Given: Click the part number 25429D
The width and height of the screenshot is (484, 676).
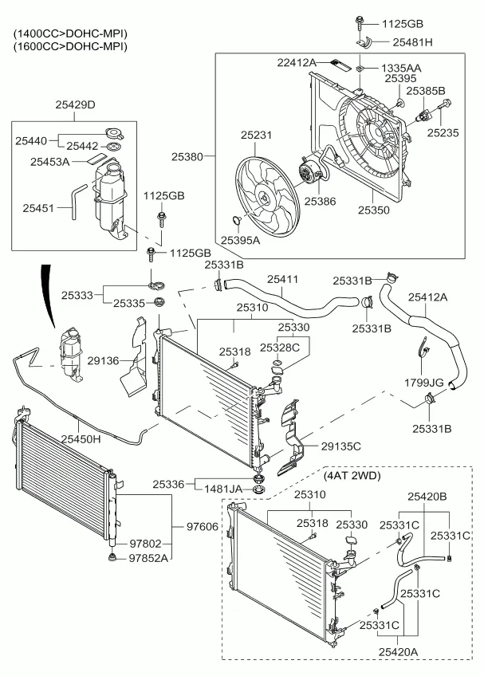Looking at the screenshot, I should (74, 104).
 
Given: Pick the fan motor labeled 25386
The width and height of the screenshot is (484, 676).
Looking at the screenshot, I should (306, 174).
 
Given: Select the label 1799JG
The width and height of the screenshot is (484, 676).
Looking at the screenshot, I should (423, 383).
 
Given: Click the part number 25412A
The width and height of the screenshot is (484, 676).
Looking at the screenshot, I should (428, 297).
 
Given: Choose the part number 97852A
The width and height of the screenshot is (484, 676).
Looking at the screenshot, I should (149, 558).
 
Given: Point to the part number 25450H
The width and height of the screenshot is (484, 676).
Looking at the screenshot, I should (77, 439).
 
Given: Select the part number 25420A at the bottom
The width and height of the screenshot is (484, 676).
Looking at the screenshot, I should (397, 652).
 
